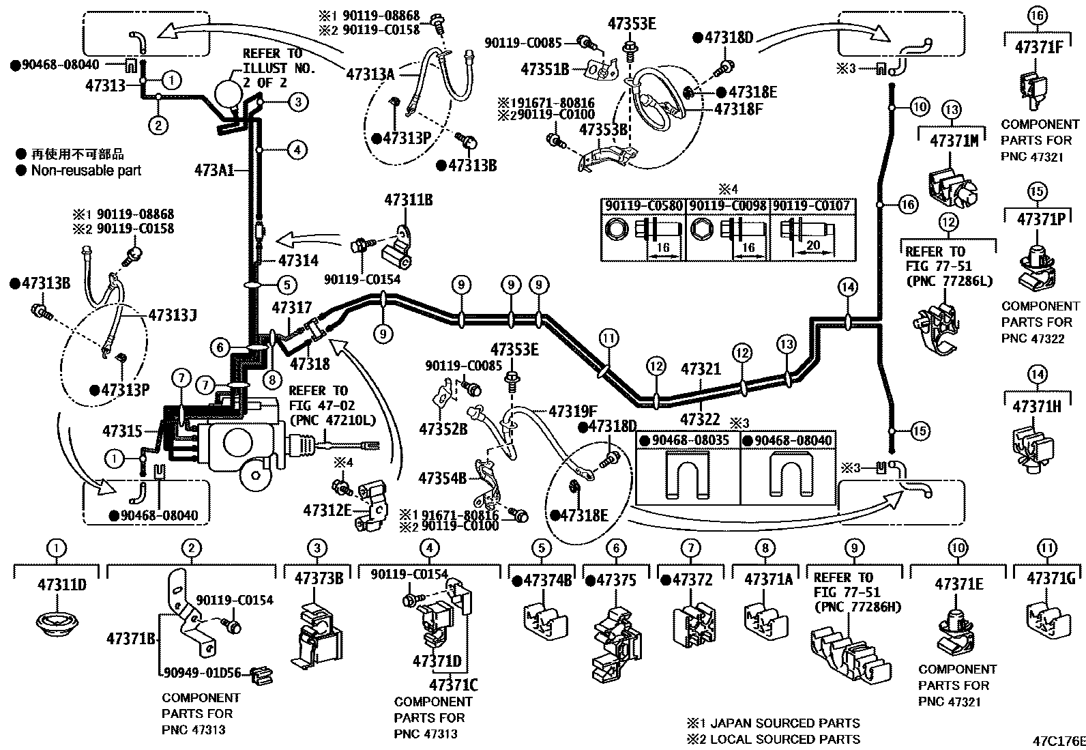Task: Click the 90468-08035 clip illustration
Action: (688, 476)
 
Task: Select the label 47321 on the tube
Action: (701, 369)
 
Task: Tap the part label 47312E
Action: (327, 509)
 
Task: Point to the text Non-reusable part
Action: (85, 171)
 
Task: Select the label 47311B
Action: (408, 200)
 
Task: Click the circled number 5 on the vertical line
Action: (287, 285)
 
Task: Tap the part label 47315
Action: (123, 431)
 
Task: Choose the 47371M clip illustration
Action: (952, 184)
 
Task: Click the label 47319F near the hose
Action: (573, 411)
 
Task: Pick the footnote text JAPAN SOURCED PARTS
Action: (784, 723)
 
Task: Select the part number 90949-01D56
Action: (203, 672)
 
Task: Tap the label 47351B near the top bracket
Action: (544, 69)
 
